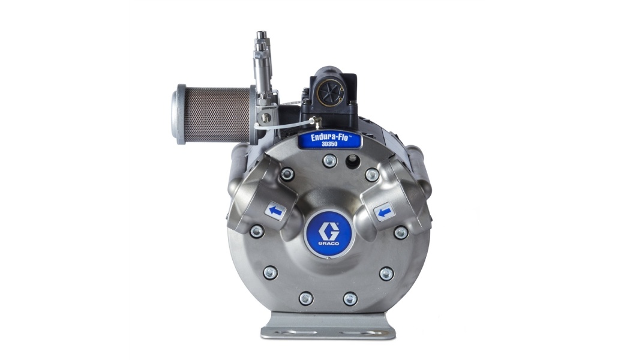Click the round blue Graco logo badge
click(x=329, y=234)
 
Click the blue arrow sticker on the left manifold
click(x=275, y=211)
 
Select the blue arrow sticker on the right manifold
click(x=384, y=212)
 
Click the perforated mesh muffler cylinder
click(x=217, y=115)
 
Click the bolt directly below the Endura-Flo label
click(x=329, y=160)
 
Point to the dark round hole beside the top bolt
click(x=352, y=160)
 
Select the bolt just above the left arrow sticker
click(x=287, y=173)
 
